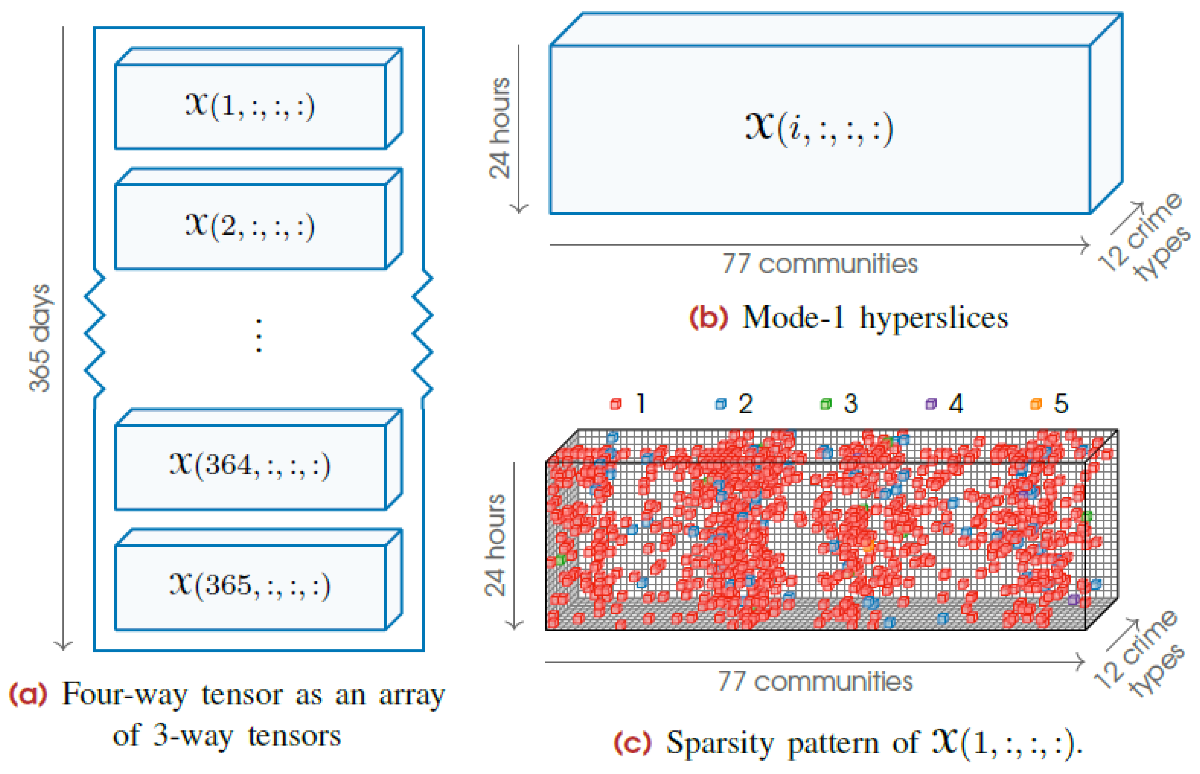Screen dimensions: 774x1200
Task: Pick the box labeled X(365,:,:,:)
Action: [x=250, y=586]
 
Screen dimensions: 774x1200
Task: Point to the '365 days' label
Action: [x=40, y=338]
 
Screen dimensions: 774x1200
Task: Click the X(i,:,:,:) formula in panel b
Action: [x=819, y=129]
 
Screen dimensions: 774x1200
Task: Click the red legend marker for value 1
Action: [x=615, y=404]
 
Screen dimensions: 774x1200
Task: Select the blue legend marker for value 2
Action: [x=721, y=404]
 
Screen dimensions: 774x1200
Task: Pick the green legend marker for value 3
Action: [x=826, y=404]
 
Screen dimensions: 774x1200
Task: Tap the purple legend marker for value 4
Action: [x=931, y=404]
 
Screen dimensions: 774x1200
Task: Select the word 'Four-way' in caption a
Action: [x=125, y=695]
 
